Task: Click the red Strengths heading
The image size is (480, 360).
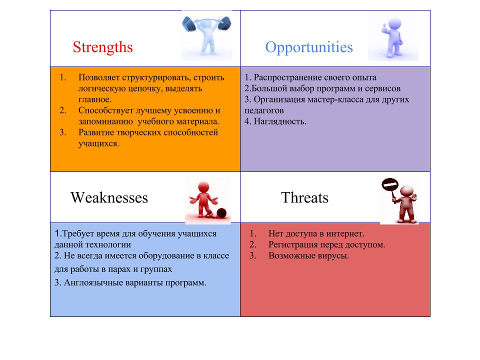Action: (x=103, y=47)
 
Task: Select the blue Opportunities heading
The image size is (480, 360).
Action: (x=309, y=47)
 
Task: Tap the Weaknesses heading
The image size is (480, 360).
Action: (x=109, y=198)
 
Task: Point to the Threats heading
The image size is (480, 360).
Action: (x=304, y=198)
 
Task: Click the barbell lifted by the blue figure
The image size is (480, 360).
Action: (x=206, y=23)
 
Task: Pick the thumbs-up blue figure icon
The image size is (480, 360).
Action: (x=392, y=37)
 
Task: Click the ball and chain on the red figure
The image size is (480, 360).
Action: (x=221, y=213)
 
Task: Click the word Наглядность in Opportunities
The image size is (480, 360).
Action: (x=280, y=121)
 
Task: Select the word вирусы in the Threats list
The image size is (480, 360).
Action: (x=334, y=255)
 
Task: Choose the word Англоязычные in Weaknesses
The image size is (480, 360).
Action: (x=93, y=282)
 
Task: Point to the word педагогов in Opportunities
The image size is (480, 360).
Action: (x=264, y=110)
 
